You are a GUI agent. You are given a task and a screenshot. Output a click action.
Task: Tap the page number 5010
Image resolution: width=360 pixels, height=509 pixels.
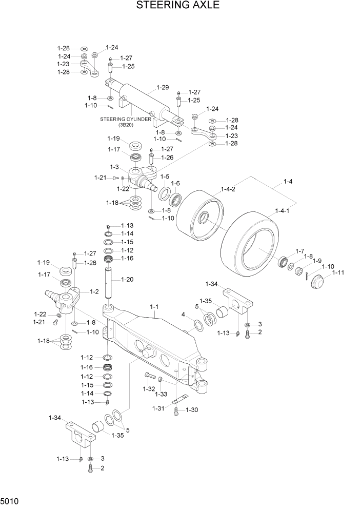(11, 498)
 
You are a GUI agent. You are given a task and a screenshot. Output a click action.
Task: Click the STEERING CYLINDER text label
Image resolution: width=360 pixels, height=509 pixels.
(125, 119)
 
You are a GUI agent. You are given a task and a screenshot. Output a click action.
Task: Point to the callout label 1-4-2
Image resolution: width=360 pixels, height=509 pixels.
(228, 189)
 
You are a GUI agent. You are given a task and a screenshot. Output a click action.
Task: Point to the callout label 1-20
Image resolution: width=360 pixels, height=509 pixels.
(128, 280)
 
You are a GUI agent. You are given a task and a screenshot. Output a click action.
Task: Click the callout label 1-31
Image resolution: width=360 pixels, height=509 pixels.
(158, 408)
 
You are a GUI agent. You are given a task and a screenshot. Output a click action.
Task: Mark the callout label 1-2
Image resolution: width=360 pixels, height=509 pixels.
(94, 291)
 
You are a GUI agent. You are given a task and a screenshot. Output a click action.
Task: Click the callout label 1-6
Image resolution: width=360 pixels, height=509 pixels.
(175, 183)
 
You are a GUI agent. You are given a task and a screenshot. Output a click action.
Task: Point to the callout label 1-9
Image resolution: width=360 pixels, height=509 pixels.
(317, 260)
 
